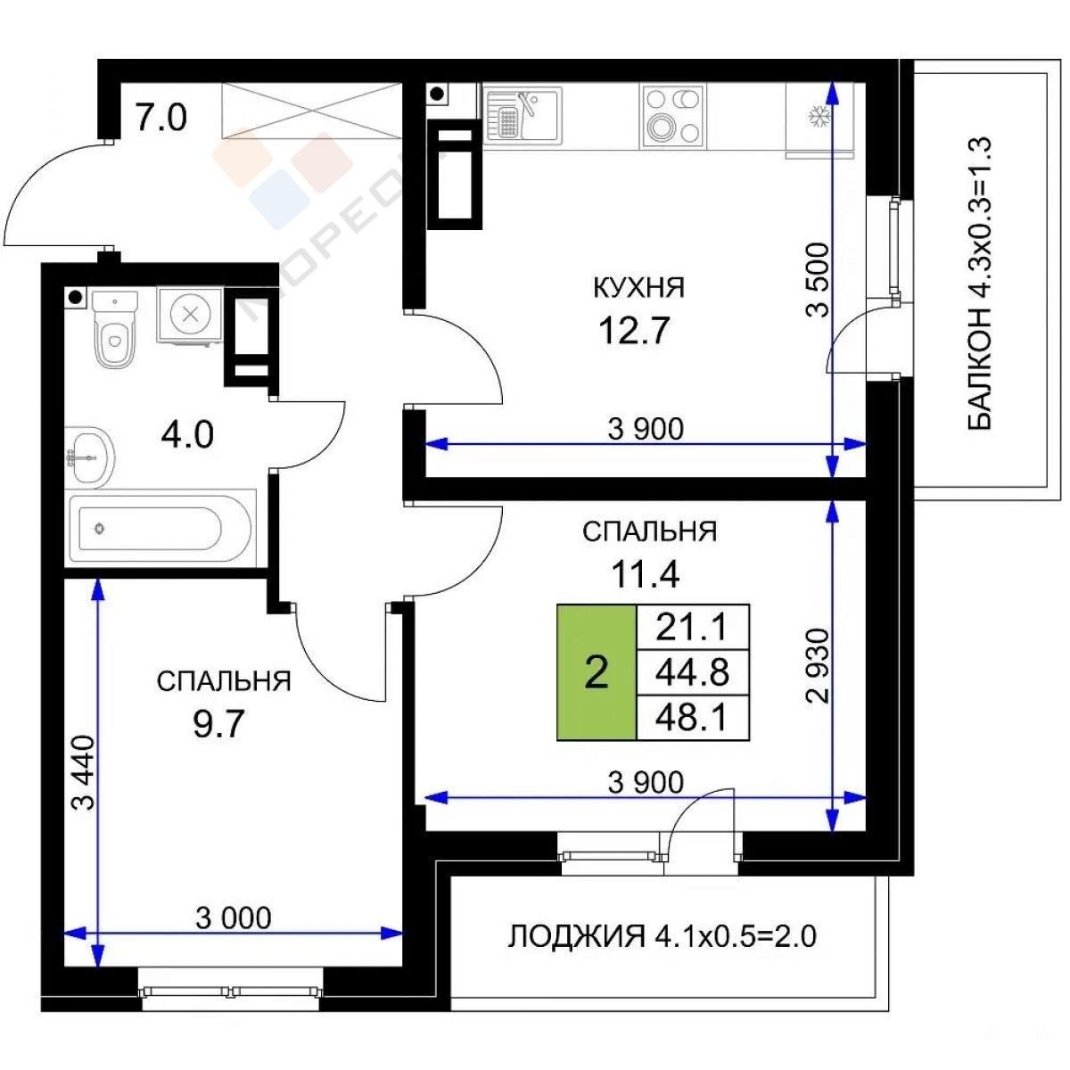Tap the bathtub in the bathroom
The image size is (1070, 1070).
(161, 528)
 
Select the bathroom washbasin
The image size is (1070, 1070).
(89, 457)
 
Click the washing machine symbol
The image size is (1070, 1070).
(190, 315)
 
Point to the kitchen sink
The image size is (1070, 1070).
(523, 115)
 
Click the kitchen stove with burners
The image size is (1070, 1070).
(673, 116)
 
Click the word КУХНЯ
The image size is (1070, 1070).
(639, 288)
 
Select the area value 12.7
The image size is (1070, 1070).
(634, 332)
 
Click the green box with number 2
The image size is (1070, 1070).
(597, 672)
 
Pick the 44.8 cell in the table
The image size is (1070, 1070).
(693, 672)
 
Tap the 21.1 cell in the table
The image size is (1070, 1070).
(693, 628)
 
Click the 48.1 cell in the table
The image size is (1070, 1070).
(693, 718)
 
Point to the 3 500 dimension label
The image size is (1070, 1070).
(818, 280)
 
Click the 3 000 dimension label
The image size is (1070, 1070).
(234, 918)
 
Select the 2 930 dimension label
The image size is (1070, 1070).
(818, 666)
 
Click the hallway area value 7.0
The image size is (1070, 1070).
(161, 118)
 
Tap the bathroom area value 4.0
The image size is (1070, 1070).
(187, 435)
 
